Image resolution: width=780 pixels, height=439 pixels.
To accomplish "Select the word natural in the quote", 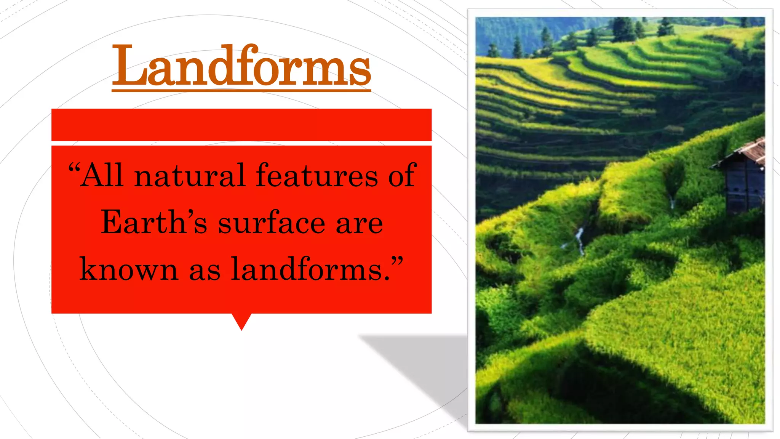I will tap(189, 175).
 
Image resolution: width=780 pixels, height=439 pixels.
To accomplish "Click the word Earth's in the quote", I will tap(154, 223).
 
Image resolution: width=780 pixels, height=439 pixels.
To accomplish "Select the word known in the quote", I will tap(129, 269).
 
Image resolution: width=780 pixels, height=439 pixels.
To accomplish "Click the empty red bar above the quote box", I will tap(241, 125).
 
